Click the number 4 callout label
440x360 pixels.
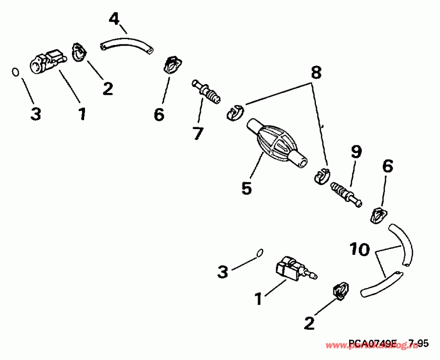pyautogui.click(x=114, y=20)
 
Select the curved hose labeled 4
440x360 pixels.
pyautogui.click(x=126, y=44)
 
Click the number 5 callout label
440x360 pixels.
pyautogui.click(x=247, y=187)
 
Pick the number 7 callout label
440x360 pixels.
pyautogui.click(x=198, y=133)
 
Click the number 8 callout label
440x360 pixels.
pyautogui.click(x=316, y=73)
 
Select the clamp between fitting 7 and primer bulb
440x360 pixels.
pyautogui.click(x=234, y=112)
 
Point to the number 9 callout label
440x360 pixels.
pyautogui.click(x=355, y=152)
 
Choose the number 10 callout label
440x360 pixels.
pyautogui.click(x=360, y=250)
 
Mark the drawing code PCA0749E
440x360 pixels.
pyautogui.click(x=373, y=344)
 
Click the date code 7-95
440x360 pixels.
pyautogui.click(x=419, y=344)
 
